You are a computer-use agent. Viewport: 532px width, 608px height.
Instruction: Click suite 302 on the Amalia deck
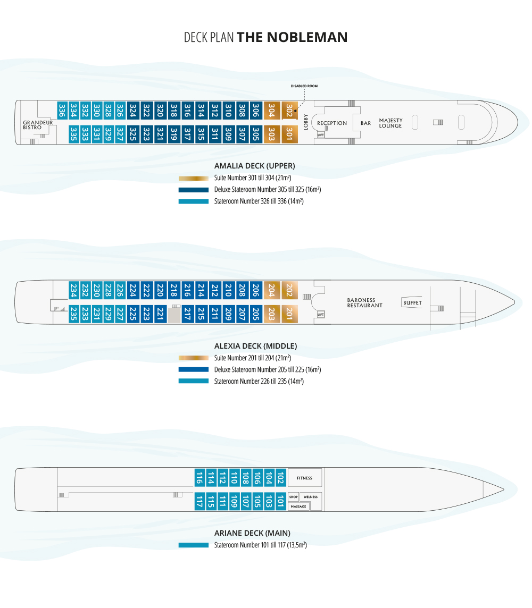[x=289, y=111]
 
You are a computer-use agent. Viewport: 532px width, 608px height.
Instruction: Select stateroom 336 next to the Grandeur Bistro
[x=62, y=111]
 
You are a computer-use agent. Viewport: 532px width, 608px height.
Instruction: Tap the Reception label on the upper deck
[x=332, y=123]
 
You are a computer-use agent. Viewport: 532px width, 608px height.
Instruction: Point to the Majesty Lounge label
[x=390, y=123]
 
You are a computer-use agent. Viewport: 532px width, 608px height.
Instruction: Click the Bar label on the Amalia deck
[x=366, y=123]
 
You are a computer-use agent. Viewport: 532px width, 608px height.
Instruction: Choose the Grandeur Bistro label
[x=38, y=125]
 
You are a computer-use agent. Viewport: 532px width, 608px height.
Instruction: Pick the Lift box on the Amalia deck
[x=320, y=135]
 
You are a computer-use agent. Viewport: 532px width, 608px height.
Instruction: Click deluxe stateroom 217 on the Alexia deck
[x=187, y=314]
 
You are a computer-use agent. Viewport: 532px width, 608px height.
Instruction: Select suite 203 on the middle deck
[x=271, y=314]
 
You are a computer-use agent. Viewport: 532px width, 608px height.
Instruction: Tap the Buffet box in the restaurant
[x=412, y=303]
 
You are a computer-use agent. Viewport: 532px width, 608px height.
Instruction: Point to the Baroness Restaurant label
[x=364, y=303]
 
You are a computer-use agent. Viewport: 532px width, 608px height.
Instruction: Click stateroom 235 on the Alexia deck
[x=74, y=314]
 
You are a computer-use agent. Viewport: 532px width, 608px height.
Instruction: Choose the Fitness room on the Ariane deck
[x=305, y=478]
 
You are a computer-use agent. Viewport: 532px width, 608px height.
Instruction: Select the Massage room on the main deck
[x=298, y=506]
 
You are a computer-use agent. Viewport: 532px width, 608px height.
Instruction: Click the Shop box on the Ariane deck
[x=293, y=497]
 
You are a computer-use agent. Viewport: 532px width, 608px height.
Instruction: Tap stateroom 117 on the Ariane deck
[x=199, y=501]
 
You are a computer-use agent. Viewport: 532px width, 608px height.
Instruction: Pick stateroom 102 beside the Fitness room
[x=280, y=477]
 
